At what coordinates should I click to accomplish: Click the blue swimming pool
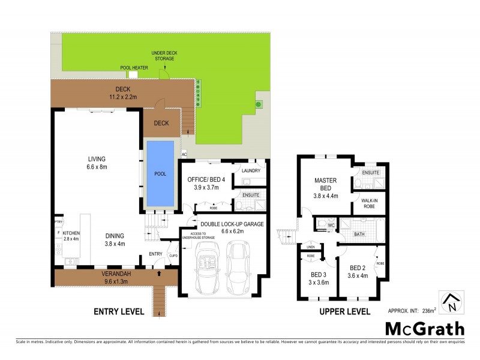click(x=160, y=173)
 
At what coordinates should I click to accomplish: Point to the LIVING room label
click(x=97, y=159)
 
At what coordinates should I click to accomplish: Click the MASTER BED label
click(x=326, y=184)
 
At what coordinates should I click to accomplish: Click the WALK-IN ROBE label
click(x=370, y=203)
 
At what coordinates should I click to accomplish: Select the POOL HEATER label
click(x=134, y=67)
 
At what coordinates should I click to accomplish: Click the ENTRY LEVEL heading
click(x=119, y=311)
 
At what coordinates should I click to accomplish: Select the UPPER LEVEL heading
click(x=345, y=311)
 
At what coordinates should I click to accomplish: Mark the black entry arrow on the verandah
click(x=158, y=274)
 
